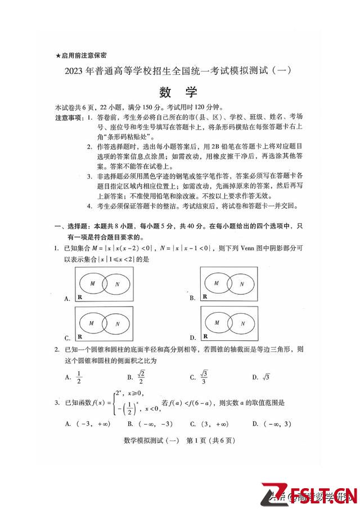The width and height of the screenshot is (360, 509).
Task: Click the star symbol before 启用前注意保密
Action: [58, 55]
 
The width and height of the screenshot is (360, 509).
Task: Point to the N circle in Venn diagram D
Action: [241, 324]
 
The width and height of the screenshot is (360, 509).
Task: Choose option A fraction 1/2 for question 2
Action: [79, 377]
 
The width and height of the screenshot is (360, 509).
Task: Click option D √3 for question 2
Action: [266, 377]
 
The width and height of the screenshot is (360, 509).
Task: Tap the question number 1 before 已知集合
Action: [56, 247]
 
